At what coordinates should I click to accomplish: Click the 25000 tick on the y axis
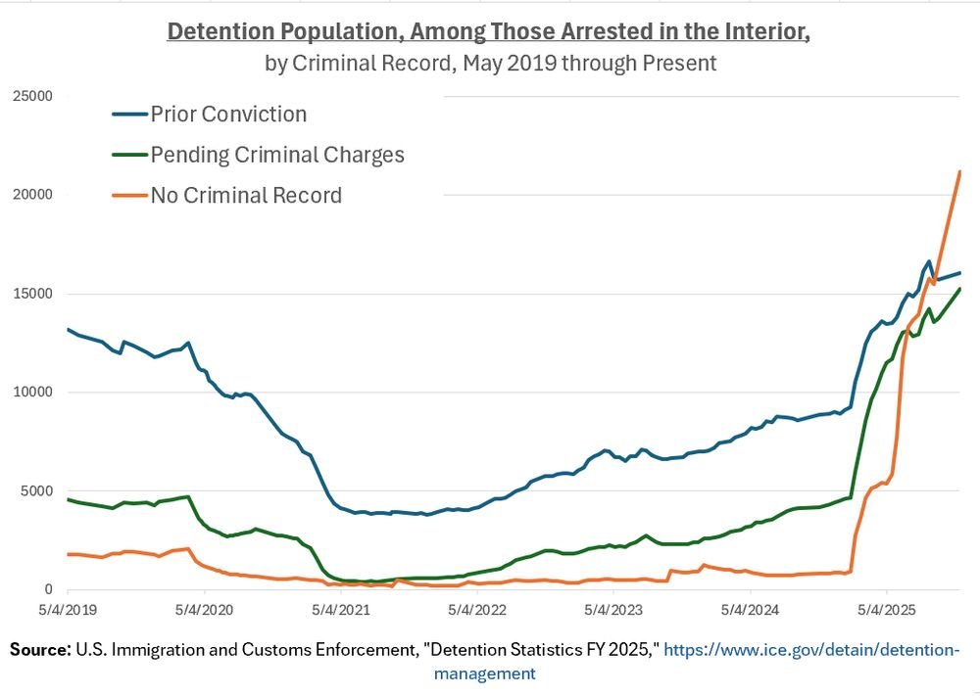[31, 96]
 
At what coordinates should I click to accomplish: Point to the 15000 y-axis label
[31, 294]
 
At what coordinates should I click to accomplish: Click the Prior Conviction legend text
[228, 115]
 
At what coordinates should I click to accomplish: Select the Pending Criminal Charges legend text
[277, 155]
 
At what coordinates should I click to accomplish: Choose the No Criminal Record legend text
[246, 196]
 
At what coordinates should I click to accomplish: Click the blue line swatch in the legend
[128, 115]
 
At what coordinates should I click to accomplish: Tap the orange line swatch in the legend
[128, 196]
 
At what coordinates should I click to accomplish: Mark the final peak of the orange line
[959, 172]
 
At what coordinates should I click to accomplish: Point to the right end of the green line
[959, 289]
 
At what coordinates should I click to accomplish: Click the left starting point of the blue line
[68, 329]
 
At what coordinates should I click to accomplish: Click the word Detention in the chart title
[215, 31]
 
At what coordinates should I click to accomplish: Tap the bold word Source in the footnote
[40, 650]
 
